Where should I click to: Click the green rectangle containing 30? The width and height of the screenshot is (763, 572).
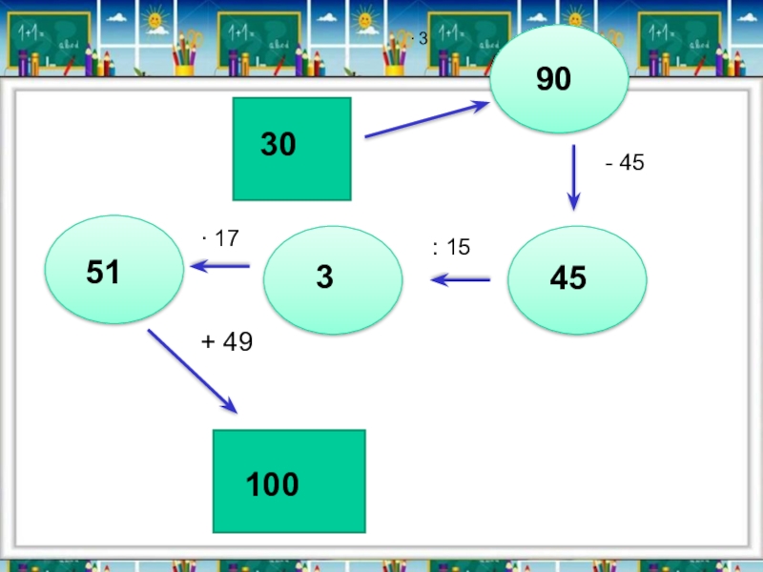(292, 149)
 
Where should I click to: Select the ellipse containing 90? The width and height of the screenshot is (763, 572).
(559, 79)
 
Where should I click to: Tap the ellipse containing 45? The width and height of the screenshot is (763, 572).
(578, 279)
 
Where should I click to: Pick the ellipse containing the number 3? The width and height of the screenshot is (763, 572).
(333, 279)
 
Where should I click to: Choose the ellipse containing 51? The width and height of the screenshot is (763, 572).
(115, 270)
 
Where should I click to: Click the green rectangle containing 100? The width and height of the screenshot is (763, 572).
(289, 481)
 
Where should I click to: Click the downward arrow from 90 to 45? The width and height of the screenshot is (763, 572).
(573, 176)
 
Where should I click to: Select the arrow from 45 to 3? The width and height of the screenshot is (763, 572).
(461, 279)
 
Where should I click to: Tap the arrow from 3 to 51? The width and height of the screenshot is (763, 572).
(220, 265)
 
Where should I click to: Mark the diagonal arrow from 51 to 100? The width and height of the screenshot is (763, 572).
(192, 371)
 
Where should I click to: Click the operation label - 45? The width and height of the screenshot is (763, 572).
(625, 163)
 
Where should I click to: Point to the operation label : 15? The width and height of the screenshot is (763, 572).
(451, 248)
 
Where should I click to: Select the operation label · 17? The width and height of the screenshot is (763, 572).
(219, 238)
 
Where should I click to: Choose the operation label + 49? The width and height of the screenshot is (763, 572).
(226, 342)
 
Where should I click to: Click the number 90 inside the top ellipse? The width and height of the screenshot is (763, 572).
(553, 80)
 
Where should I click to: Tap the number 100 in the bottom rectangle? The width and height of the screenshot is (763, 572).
(273, 485)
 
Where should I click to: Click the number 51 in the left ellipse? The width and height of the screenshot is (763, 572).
(103, 273)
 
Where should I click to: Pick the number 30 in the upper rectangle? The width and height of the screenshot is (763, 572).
(278, 145)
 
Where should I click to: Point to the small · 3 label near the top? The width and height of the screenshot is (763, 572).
(419, 38)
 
